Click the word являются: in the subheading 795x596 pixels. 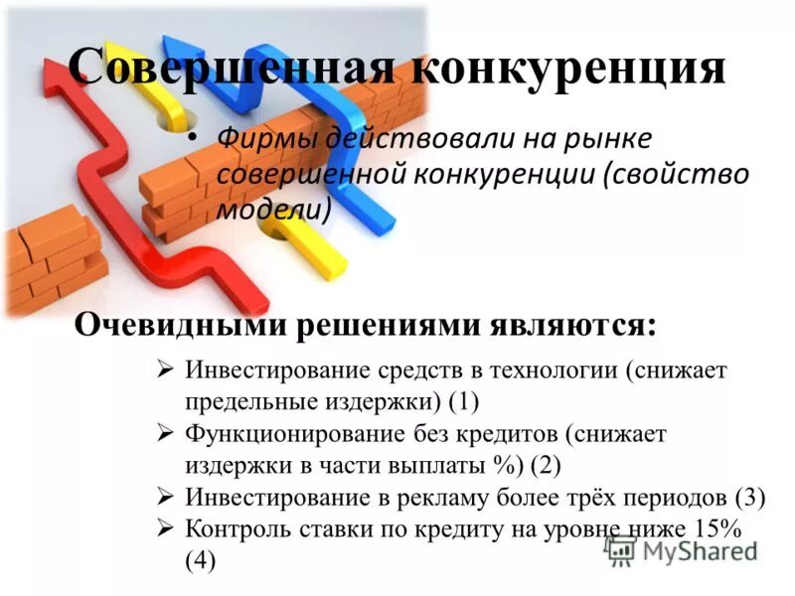click(x=571, y=326)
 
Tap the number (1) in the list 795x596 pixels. click(x=463, y=400)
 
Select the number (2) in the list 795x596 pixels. click(x=547, y=464)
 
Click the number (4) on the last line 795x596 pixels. click(x=201, y=559)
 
